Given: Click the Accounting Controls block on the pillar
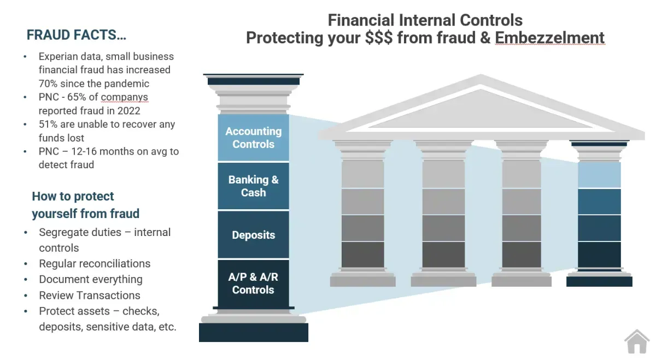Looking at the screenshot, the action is pos(253,138).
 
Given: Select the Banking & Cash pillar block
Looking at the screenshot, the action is pos(253,186).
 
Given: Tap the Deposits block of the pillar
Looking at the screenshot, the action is pos(253,235).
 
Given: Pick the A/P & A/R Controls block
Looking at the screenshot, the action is pos(253,284).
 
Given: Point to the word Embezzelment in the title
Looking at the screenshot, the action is pos(550,38).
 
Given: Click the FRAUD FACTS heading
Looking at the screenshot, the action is pos(76,35).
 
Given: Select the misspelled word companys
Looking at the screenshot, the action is pos(125,97).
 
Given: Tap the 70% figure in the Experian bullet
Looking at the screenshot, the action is pos(48,84).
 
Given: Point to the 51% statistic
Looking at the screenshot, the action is pos(48,124).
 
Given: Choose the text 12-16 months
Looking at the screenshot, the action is pos(98,151).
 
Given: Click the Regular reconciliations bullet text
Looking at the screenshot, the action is pos(95,263).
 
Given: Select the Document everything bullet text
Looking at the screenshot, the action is pos(91,280).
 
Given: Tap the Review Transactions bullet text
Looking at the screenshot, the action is pos(90,296).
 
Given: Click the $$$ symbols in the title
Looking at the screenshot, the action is pos(379,38).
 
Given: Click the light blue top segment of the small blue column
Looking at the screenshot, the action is pos(599,175).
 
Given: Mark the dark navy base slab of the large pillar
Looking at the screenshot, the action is pos(254,333).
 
